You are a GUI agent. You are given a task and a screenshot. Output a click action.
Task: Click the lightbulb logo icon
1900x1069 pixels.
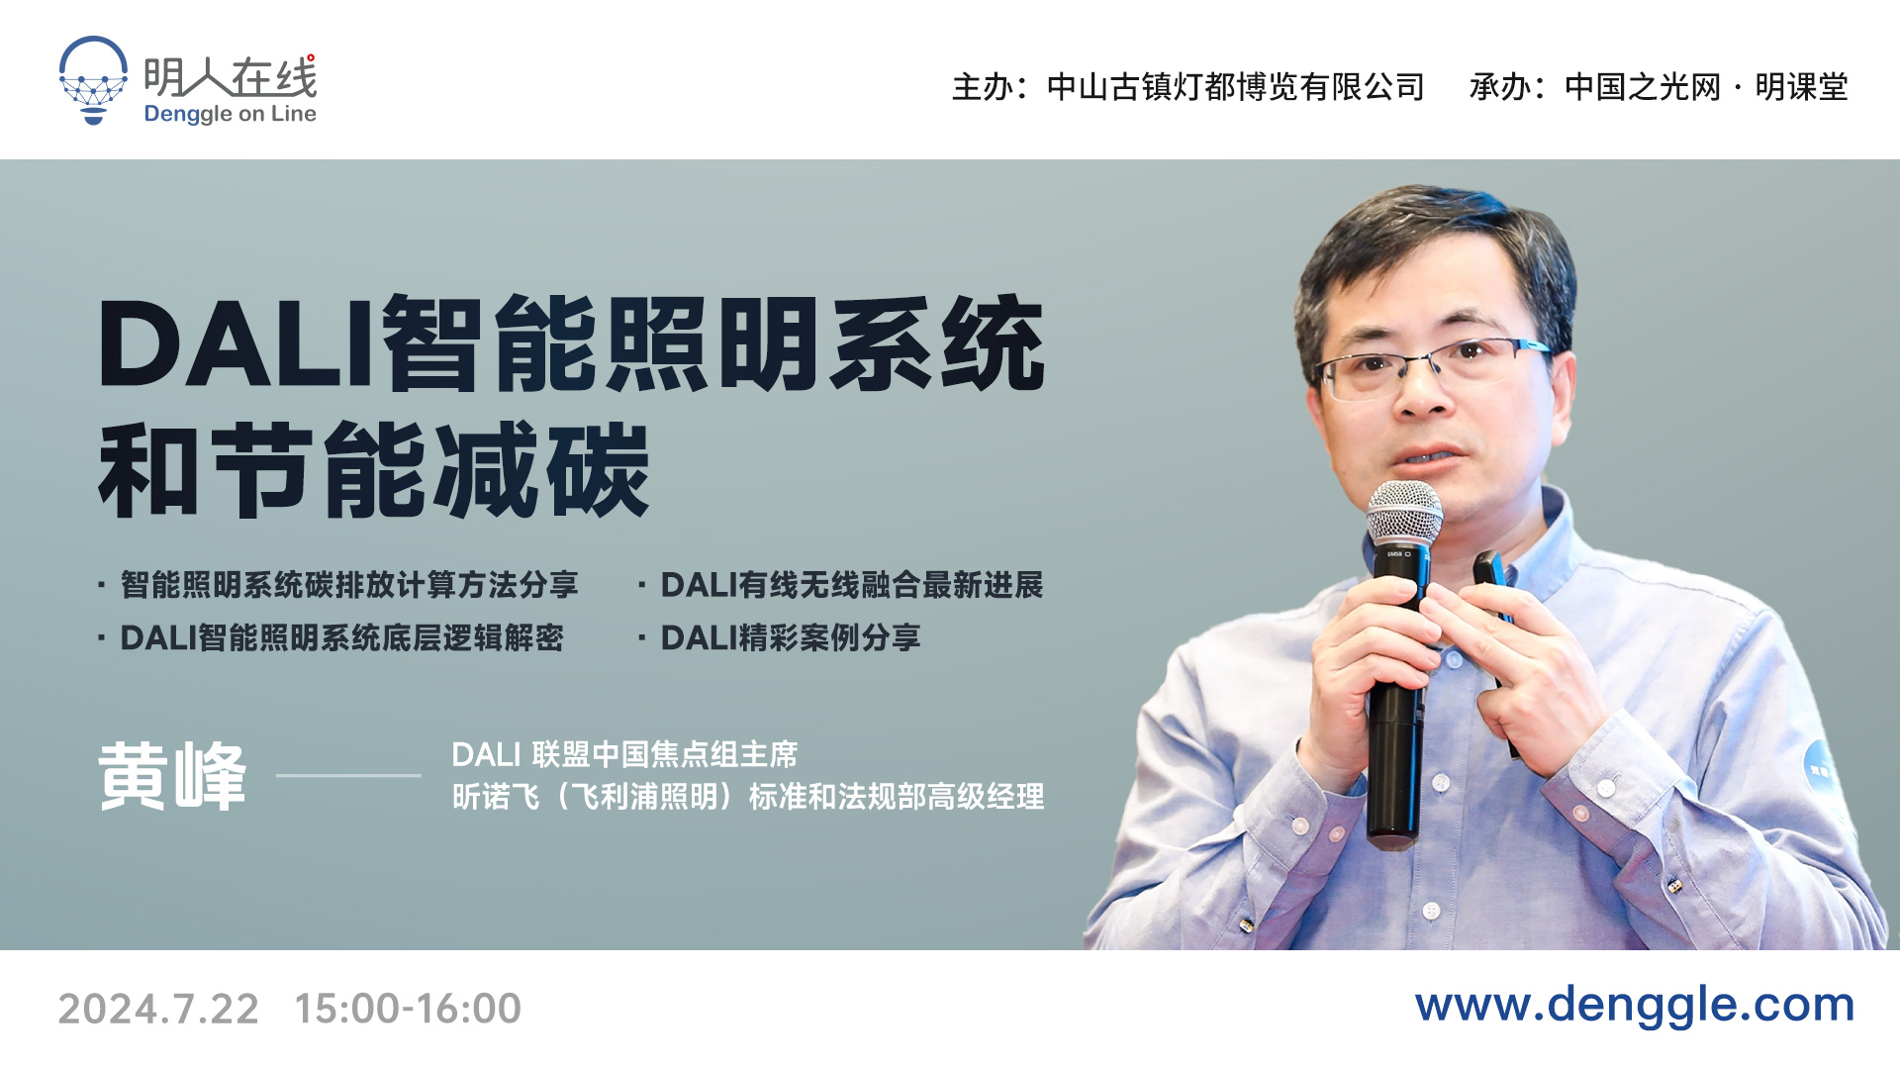tap(93, 80)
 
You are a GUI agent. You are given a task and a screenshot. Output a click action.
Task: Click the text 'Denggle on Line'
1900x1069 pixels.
tap(231, 114)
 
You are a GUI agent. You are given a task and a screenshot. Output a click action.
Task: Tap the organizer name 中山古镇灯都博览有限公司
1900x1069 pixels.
tap(1235, 87)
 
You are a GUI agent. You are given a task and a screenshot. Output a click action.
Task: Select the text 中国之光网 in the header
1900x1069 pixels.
tap(1644, 87)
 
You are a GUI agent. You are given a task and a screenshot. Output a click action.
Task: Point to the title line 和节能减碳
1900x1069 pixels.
tap(374, 470)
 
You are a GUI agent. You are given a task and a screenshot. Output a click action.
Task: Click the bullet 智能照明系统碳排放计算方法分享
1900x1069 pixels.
tap(349, 585)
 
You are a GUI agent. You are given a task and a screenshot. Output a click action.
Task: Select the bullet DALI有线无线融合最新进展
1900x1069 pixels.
tap(852, 585)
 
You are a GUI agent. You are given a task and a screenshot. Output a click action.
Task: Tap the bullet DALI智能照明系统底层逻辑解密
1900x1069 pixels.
tap(341, 637)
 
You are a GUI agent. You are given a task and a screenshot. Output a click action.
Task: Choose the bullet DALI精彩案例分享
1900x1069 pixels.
tap(791, 637)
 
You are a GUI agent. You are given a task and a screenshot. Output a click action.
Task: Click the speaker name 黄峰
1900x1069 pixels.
tap(172, 776)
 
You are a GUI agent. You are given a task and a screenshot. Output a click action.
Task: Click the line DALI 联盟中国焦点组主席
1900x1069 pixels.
tap(624, 754)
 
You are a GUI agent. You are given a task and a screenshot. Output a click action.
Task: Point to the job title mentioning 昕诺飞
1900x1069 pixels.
tap(748, 797)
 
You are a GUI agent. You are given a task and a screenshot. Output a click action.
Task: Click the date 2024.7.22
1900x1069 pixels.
tap(158, 1009)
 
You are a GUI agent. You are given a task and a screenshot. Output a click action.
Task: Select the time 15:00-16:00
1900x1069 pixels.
tap(408, 1009)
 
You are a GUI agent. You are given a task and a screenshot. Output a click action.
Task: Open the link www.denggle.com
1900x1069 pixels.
tap(1635, 1005)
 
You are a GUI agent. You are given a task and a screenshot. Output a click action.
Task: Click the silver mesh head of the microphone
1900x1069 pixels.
tap(1404, 514)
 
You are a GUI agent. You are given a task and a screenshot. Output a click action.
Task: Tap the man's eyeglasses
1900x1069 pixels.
tap(1432, 366)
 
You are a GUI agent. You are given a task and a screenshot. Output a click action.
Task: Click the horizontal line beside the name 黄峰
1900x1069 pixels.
tap(348, 775)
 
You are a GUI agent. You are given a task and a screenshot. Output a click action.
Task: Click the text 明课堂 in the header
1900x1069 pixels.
tap(1802, 87)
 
